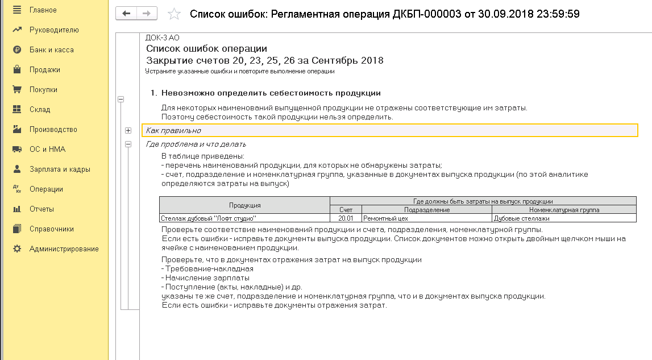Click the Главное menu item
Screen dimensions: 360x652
(43, 10)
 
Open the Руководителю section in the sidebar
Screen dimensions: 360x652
(54, 30)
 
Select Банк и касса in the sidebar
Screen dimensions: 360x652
(51, 49)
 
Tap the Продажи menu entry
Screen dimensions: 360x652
(44, 69)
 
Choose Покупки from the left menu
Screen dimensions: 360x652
(43, 89)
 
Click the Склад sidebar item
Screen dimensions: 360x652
(40, 109)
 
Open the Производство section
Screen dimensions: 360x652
(53, 129)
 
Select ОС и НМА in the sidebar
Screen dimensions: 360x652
(47, 149)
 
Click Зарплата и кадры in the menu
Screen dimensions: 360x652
(60, 169)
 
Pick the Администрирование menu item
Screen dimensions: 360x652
(64, 249)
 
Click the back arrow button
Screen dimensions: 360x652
(126, 14)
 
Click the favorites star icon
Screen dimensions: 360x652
(175, 14)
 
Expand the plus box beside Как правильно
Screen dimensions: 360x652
(128, 130)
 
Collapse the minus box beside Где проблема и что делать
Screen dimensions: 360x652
(128, 144)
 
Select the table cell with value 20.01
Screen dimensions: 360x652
(346, 218)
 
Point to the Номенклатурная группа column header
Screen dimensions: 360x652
(563, 210)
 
